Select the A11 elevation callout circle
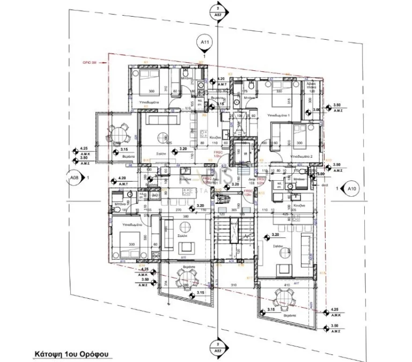204,41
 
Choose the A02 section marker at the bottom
217,345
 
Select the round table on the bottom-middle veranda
185,278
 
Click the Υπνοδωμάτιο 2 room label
303,156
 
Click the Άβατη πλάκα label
311,88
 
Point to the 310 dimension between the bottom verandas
233,284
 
